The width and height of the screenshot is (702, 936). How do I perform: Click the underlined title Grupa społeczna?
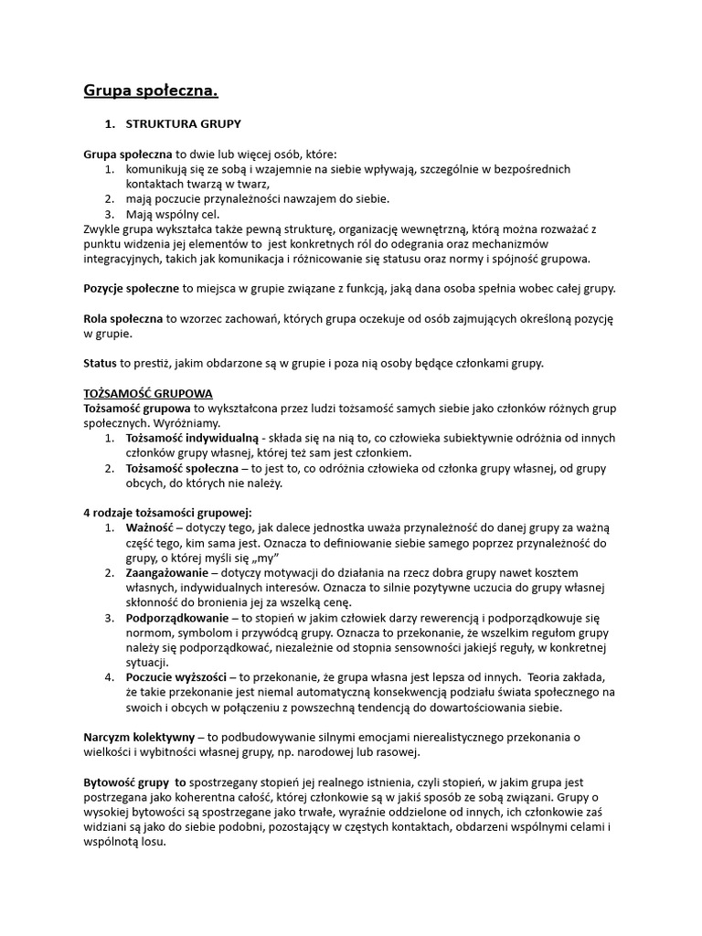click(x=151, y=90)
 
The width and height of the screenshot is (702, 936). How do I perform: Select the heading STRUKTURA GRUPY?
click(x=183, y=123)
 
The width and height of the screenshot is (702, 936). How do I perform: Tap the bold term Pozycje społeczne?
click(x=132, y=288)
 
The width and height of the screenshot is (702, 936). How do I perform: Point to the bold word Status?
click(x=101, y=363)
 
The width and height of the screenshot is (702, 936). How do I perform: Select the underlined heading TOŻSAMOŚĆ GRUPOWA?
click(x=148, y=393)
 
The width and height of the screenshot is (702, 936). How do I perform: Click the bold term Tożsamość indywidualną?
click(x=192, y=439)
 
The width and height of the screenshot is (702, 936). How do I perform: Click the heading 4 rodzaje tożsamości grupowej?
click(x=167, y=513)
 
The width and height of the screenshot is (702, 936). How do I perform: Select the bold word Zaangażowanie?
click(x=169, y=573)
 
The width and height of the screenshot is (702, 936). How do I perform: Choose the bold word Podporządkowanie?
click(x=177, y=618)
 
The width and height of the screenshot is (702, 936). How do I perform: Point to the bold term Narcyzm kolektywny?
click(x=138, y=737)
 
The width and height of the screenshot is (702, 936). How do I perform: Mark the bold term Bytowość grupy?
click(x=134, y=782)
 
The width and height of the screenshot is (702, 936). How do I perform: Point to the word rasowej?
click(x=396, y=751)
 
